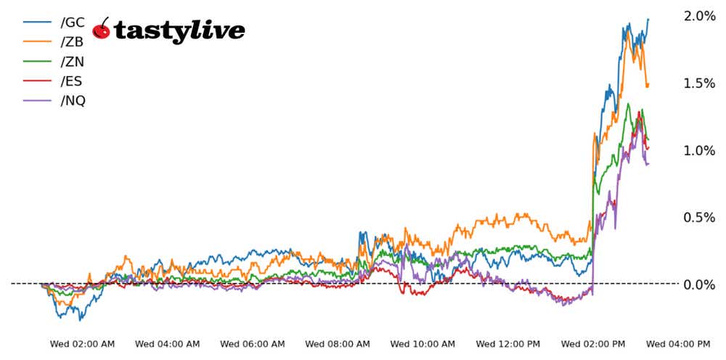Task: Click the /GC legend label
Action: point(73,22)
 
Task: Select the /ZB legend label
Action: point(73,42)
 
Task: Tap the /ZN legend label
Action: point(73,62)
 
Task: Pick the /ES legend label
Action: point(73,81)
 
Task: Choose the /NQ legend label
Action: point(73,101)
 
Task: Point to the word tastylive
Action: point(179,30)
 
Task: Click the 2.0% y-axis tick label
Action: point(700,16)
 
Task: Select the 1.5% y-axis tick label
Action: point(700,83)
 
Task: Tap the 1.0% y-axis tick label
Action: point(700,150)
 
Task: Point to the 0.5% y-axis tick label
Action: point(700,218)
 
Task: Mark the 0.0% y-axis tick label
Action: point(700,285)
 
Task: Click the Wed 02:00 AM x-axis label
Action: point(82,343)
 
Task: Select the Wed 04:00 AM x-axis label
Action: point(168,343)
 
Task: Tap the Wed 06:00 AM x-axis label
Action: point(253,343)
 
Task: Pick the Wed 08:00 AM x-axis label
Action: point(338,343)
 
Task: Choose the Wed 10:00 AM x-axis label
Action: point(423,343)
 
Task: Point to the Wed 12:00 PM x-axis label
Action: point(508,343)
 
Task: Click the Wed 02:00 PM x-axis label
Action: point(593,343)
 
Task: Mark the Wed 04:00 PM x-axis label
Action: point(678,343)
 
